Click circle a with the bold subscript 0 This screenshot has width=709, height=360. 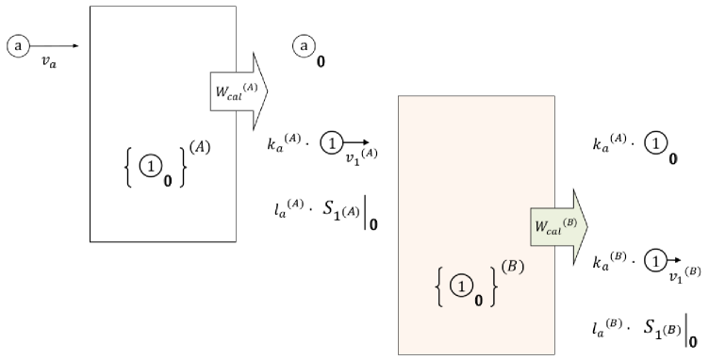click(304, 44)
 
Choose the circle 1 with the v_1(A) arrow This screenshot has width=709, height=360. click(331, 144)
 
